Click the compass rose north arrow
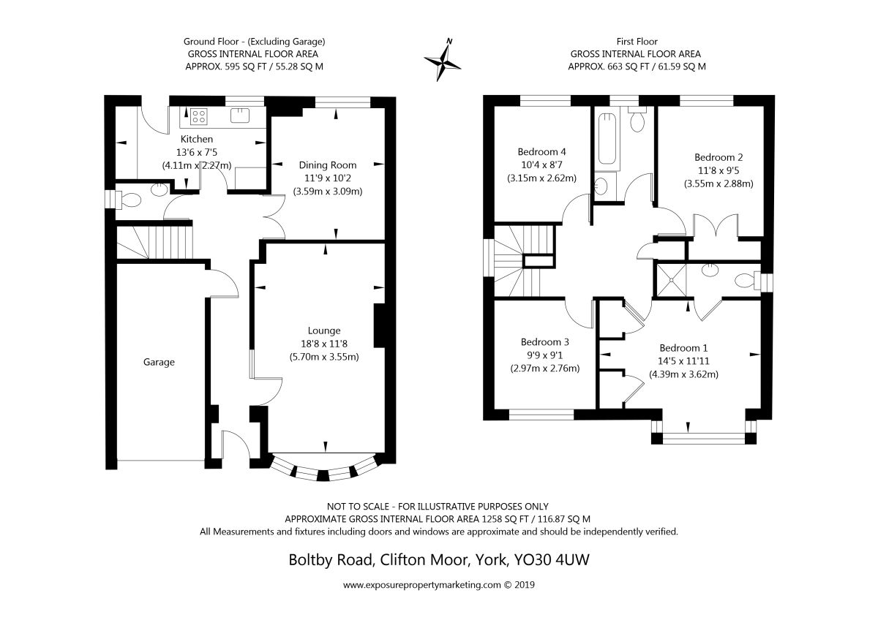(x=443, y=60)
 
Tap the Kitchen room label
(x=197, y=139)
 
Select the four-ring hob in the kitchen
(x=199, y=117)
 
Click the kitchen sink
(x=240, y=116)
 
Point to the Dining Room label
(x=328, y=165)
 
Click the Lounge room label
(x=324, y=330)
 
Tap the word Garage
(x=159, y=362)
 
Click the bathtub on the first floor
(x=607, y=139)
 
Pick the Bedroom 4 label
(x=541, y=151)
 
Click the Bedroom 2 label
(x=718, y=157)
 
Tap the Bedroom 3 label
(x=545, y=342)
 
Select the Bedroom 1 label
(x=683, y=348)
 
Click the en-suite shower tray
(x=672, y=280)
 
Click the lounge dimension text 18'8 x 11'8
(x=324, y=344)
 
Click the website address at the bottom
(x=439, y=585)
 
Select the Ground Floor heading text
(x=211, y=42)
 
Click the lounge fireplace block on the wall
(x=379, y=325)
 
